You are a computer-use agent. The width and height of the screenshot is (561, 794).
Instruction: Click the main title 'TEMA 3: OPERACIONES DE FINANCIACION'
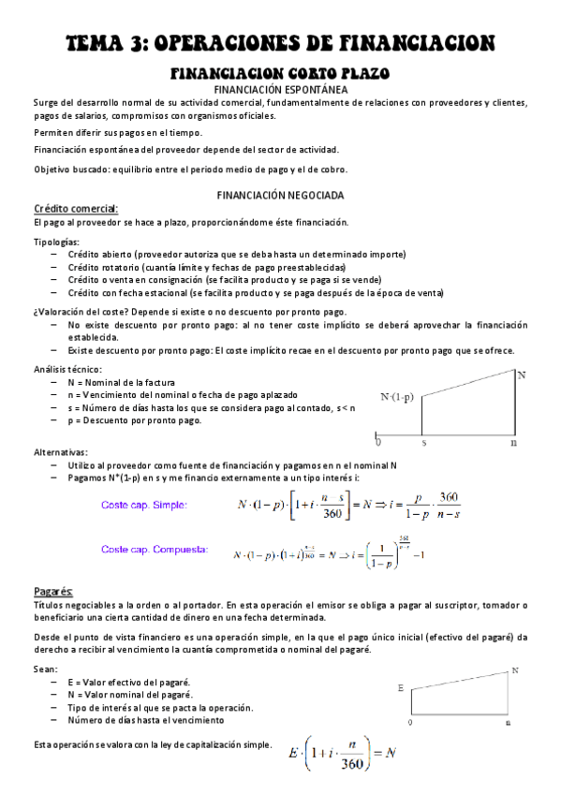[x=280, y=43]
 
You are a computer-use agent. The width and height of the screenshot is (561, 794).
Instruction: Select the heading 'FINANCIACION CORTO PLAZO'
[x=280, y=73]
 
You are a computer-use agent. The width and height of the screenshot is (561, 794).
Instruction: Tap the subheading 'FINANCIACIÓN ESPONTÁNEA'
[x=280, y=89]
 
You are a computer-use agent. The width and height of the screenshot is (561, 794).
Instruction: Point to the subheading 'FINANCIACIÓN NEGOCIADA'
[x=280, y=195]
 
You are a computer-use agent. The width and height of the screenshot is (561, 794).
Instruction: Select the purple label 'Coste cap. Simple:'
[x=143, y=506]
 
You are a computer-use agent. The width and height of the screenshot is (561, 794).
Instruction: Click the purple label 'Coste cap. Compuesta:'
[x=154, y=550]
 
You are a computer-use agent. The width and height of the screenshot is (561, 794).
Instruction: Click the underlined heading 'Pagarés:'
[x=53, y=592]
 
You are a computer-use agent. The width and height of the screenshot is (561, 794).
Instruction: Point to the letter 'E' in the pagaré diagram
[x=400, y=688]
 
